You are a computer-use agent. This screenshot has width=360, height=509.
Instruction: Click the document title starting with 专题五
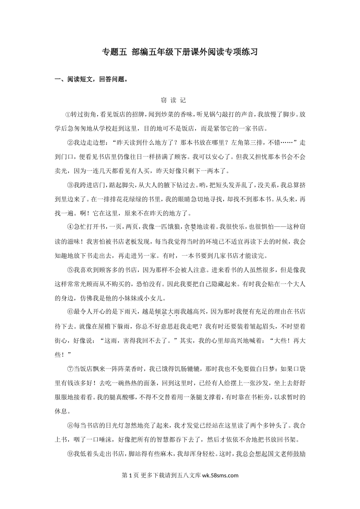(x=180, y=52)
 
